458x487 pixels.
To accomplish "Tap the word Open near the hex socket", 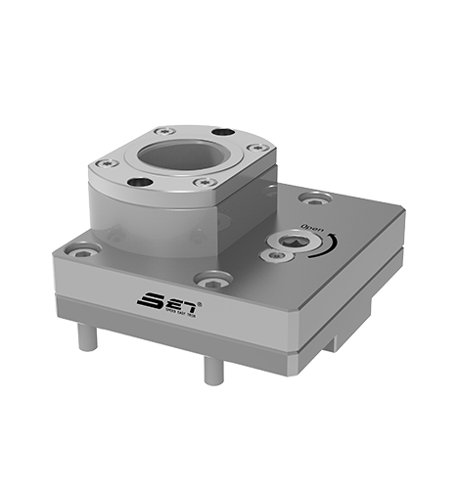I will [x=313, y=229].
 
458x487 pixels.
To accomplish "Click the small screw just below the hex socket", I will [x=278, y=256].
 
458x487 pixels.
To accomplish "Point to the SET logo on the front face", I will [x=167, y=298].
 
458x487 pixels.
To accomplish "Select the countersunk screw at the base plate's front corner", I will [x=211, y=281].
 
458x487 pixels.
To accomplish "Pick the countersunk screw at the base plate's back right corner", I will [x=312, y=199].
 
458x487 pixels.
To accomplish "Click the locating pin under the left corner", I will [x=87, y=336].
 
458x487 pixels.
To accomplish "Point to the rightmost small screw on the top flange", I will [x=259, y=148].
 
